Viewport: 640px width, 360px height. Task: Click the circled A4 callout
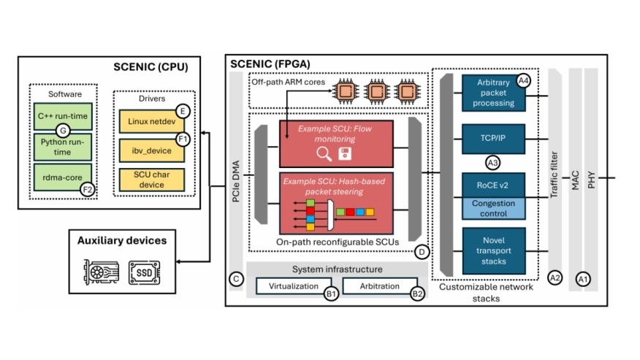click(523, 81)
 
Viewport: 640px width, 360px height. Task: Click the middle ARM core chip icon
click(376, 93)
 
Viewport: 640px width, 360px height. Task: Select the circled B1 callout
click(330, 294)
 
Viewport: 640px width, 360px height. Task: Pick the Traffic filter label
click(555, 175)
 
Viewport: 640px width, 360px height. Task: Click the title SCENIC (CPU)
click(151, 66)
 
